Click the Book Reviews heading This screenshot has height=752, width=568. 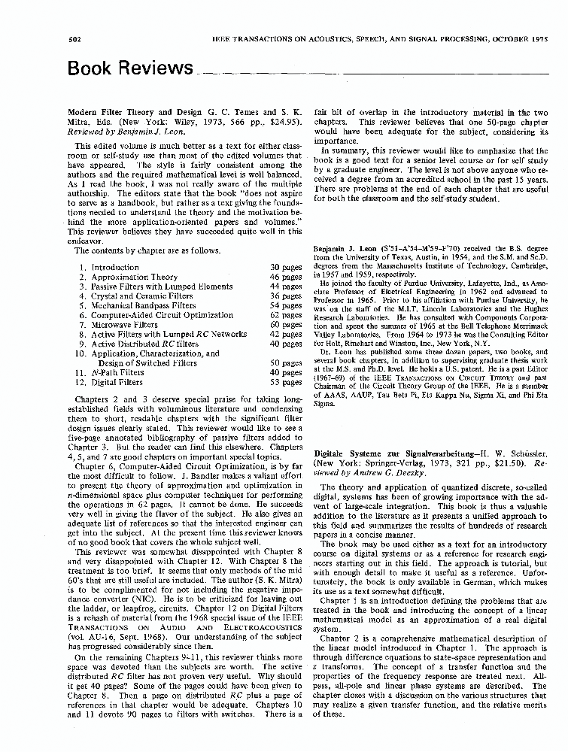[129, 68]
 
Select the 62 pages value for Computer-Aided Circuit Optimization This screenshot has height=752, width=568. [286, 316]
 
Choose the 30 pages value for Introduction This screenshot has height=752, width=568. [286, 267]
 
